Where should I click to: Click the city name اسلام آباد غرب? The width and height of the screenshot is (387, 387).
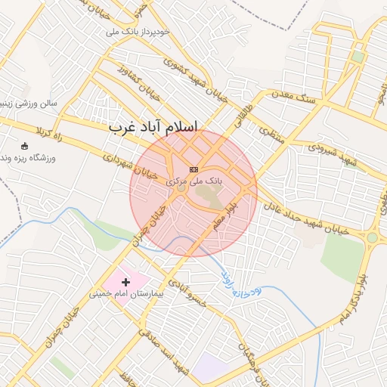click(153, 127)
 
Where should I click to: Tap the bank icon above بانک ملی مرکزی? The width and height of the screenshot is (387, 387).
click(194, 169)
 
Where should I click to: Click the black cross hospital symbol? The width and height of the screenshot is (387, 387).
click(126, 281)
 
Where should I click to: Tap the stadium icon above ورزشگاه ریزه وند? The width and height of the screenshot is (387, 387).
click(25, 146)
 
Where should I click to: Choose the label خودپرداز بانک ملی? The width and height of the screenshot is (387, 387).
click(147, 33)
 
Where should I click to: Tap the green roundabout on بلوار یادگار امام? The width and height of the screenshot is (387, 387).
click(373, 237)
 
